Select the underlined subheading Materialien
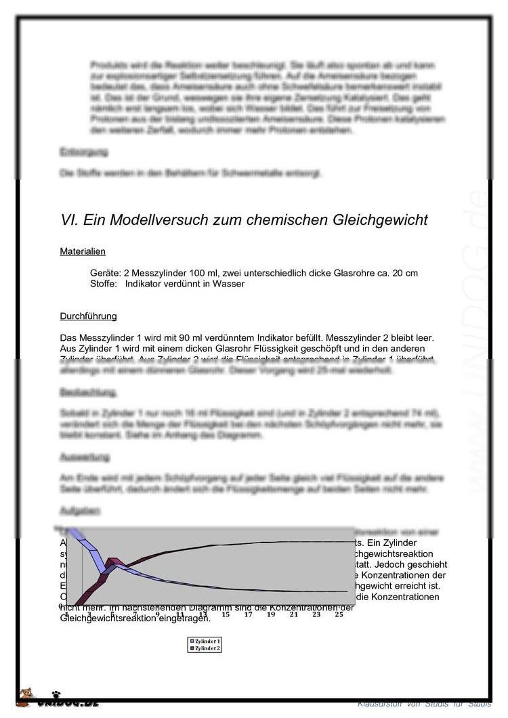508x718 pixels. tap(83, 251)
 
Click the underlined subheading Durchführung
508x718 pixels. tap(88, 316)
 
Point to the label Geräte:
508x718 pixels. tap(105, 273)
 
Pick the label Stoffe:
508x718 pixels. tap(104, 284)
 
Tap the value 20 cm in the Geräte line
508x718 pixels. tap(404, 273)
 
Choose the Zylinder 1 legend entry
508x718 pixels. tap(207, 641)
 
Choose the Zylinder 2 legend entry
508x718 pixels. tap(207, 648)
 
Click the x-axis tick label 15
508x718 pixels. tap(225, 614)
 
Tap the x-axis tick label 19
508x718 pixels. tap(270, 614)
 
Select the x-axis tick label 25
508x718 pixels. tap(339, 614)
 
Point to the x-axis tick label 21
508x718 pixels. tap(293, 614)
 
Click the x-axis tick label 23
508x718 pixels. tap(316, 614)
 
